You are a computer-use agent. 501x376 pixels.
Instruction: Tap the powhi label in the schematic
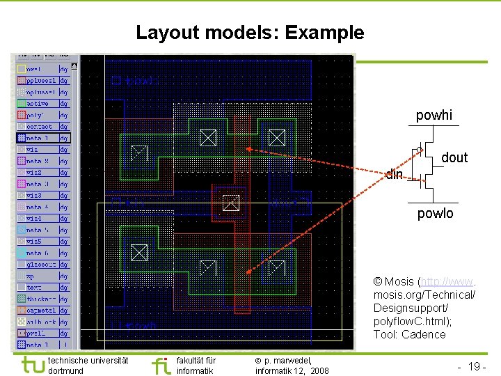pyautogui.click(x=434, y=116)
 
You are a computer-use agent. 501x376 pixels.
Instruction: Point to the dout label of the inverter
pyautogui.click(x=454, y=158)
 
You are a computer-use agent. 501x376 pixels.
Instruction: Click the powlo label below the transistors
pyautogui.click(x=435, y=214)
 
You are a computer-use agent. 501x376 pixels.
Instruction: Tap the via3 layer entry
pyautogui.click(x=35, y=196)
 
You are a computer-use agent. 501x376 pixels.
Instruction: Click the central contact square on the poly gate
pyautogui.click(x=230, y=203)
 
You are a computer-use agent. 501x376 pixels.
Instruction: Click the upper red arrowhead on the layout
pyautogui.click(x=249, y=149)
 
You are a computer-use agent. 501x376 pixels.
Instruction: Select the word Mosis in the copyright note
pyautogui.click(x=399, y=282)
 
